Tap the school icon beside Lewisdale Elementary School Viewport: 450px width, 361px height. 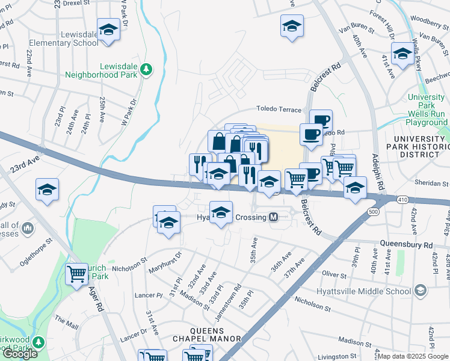[108, 30]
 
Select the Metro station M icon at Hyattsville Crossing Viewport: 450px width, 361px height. [274, 217]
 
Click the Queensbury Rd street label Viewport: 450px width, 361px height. [407, 245]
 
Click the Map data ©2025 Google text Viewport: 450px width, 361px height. [413, 356]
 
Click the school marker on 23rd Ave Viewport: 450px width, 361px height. [47, 190]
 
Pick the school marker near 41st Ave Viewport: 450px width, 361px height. [403, 54]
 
